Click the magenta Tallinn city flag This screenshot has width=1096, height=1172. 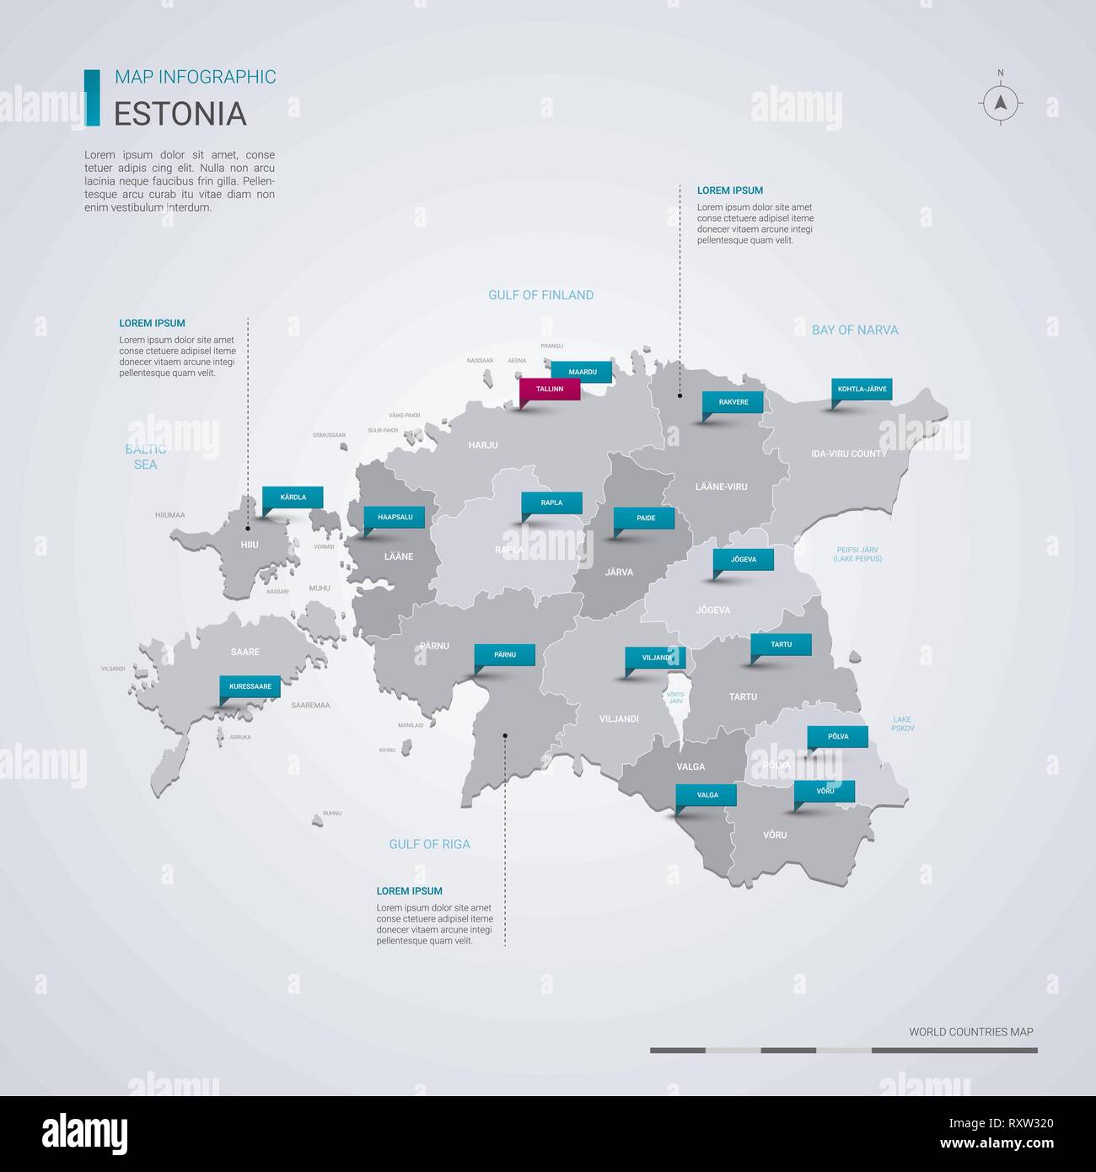(550, 390)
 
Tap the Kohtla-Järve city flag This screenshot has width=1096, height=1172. (862, 390)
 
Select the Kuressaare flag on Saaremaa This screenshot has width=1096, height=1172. (250, 686)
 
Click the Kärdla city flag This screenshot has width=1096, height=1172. (293, 497)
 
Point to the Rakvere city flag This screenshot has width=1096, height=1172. (733, 402)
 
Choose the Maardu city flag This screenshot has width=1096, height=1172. (583, 372)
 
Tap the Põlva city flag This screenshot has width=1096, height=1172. (838, 737)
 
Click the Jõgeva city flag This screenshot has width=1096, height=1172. (744, 560)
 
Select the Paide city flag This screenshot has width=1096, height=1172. (646, 518)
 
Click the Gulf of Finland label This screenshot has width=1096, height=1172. (540, 295)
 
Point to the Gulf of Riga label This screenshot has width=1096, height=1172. (429, 844)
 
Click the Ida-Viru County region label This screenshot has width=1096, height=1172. (848, 454)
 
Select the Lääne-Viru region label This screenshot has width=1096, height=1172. (721, 487)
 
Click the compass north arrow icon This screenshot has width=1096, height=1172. (1001, 104)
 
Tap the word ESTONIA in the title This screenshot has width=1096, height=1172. (180, 114)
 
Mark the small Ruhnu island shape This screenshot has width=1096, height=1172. (318, 820)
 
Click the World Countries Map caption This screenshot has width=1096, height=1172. (970, 1032)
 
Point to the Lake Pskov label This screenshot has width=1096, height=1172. (902, 723)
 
